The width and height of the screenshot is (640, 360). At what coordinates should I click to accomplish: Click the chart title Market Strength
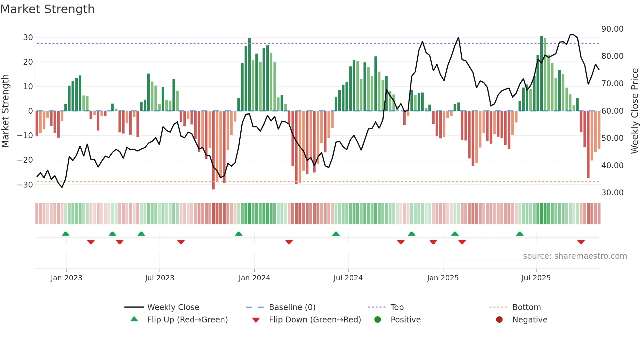47,9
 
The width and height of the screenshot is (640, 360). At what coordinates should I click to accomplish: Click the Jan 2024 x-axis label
254,278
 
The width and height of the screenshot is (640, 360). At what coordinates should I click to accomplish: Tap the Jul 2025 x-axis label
536,278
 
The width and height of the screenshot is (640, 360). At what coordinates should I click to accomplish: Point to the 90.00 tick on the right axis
612,29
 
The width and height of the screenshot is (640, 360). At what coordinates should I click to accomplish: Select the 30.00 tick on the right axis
612,193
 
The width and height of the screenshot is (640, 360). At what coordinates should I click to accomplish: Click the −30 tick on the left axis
25,185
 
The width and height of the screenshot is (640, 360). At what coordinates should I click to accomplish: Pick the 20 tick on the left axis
28,62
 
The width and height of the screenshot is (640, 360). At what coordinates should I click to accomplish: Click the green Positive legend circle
377,320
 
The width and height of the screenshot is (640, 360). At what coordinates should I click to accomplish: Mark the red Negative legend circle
499,320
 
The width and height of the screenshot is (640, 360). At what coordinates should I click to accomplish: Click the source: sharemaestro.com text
575,256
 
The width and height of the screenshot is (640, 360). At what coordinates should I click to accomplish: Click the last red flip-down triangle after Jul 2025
581,242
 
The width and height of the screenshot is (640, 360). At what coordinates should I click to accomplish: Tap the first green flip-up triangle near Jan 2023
66,234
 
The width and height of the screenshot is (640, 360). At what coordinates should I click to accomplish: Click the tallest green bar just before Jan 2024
249,74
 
